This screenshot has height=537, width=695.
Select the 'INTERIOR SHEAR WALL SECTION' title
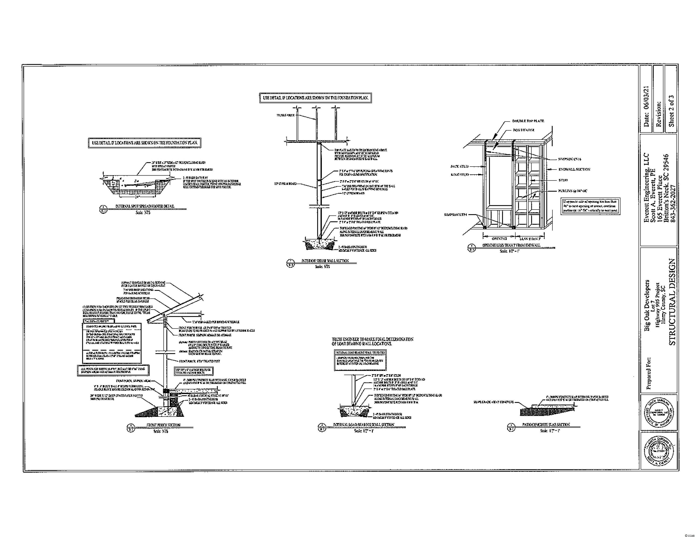point(325,261)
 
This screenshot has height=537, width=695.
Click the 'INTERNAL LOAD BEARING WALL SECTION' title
point(363,425)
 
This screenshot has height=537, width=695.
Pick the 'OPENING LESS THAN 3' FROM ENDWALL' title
point(511,245)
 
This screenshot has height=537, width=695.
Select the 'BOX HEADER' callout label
point(523,130)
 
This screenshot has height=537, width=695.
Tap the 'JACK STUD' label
point(459,166)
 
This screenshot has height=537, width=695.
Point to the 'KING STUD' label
point(459,175)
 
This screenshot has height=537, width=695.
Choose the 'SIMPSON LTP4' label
point(455,215)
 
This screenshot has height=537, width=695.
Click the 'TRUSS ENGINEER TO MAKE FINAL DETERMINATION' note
point(372,339)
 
